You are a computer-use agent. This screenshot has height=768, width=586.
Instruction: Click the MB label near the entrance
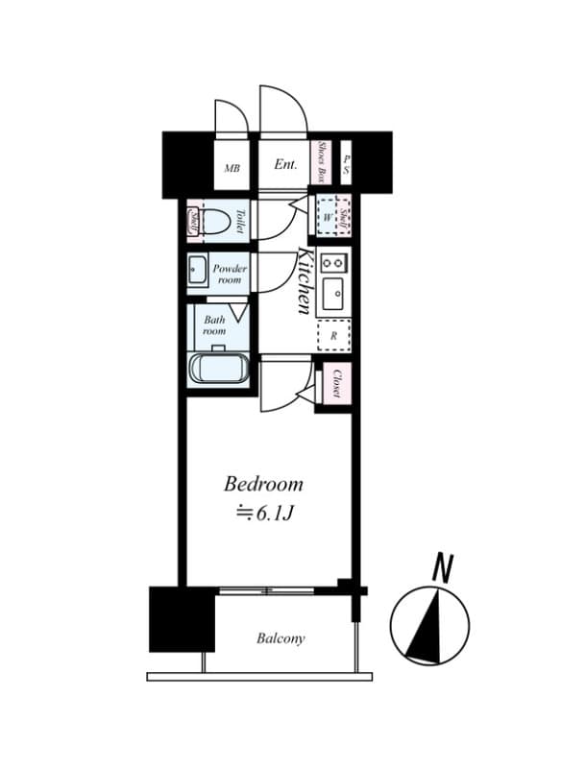coord(232,168)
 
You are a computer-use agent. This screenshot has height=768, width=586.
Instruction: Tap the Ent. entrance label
coord(285,164)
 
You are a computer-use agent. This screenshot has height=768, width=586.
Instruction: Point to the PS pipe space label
coord(347,162)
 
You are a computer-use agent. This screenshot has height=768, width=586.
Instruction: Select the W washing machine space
coord(328,217)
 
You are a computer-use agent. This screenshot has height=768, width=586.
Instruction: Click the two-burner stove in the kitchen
coord(333,261)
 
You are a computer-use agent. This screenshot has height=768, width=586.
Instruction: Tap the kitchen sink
coord(333,295)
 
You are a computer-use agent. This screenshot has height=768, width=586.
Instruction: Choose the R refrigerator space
coord(333,335)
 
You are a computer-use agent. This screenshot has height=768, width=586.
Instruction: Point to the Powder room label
coord(230,275)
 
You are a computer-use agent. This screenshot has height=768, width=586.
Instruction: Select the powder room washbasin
coord(197,273)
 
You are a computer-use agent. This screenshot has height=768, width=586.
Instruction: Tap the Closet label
coord(338,384)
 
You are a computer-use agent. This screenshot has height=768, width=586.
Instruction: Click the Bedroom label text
coord(263,484)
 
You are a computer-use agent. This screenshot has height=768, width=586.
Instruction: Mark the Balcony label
coord(281,638)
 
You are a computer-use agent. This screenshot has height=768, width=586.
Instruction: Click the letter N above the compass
coord(442,567)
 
